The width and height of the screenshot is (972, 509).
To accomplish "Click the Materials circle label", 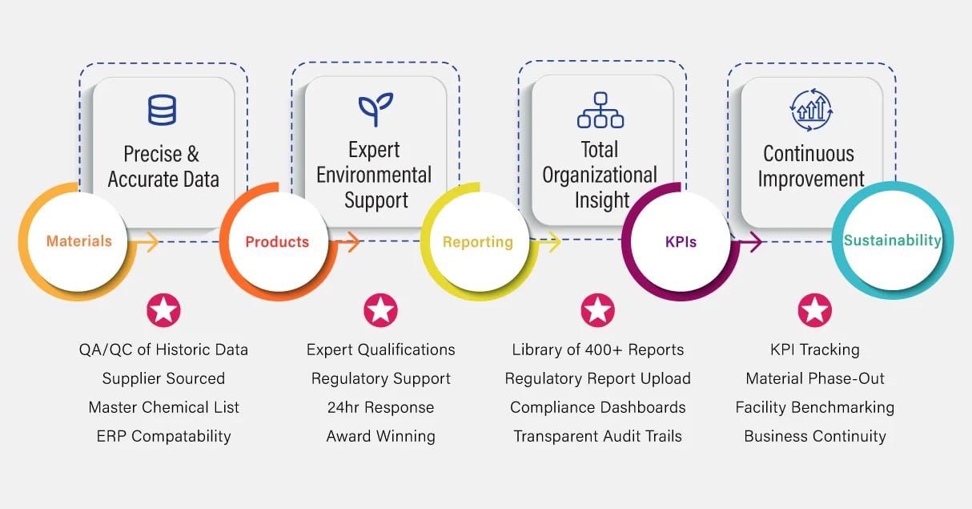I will pyautogui.click(x=78, y=241).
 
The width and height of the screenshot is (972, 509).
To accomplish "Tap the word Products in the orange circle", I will pyautogui.click(x=277, y=242).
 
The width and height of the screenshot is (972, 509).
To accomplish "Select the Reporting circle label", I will pyautogui.click(x=477, y=242).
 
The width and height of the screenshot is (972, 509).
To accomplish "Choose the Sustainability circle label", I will pyautogui.click(x=892, y=240).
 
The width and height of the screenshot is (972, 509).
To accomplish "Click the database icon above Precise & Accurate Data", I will pyautogui.click(x=162, y=110).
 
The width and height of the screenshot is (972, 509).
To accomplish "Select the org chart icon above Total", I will pyautogui.click(x=600, y=111).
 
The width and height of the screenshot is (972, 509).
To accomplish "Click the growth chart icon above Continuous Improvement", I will pyautogui.click(x=811, y=110).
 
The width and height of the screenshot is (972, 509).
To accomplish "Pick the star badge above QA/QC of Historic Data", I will pyautogui.click(x=163, y=310).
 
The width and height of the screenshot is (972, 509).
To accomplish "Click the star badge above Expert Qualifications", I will pyautogui.click(x=380, y=310).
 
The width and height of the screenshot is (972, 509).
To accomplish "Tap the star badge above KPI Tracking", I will pyautogui.click(x=814, y=310).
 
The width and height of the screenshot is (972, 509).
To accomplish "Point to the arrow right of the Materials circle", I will pyautogui.click(x=147, y=242).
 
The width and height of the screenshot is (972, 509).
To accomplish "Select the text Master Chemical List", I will pyautogui.click(x=163, y=407).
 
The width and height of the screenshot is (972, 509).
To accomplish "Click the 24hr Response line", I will pyautogui.click(x=380, y=407).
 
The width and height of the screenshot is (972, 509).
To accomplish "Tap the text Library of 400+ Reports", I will pyautogui.click(x=597, y=349).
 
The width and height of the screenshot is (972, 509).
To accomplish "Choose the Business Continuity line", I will pyautogui.click(x=814, y=436).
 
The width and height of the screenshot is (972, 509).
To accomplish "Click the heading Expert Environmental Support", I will pyautogui.click(x=375, y=175).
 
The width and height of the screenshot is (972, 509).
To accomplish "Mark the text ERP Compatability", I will pyautogui.click(x=163, y=436).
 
